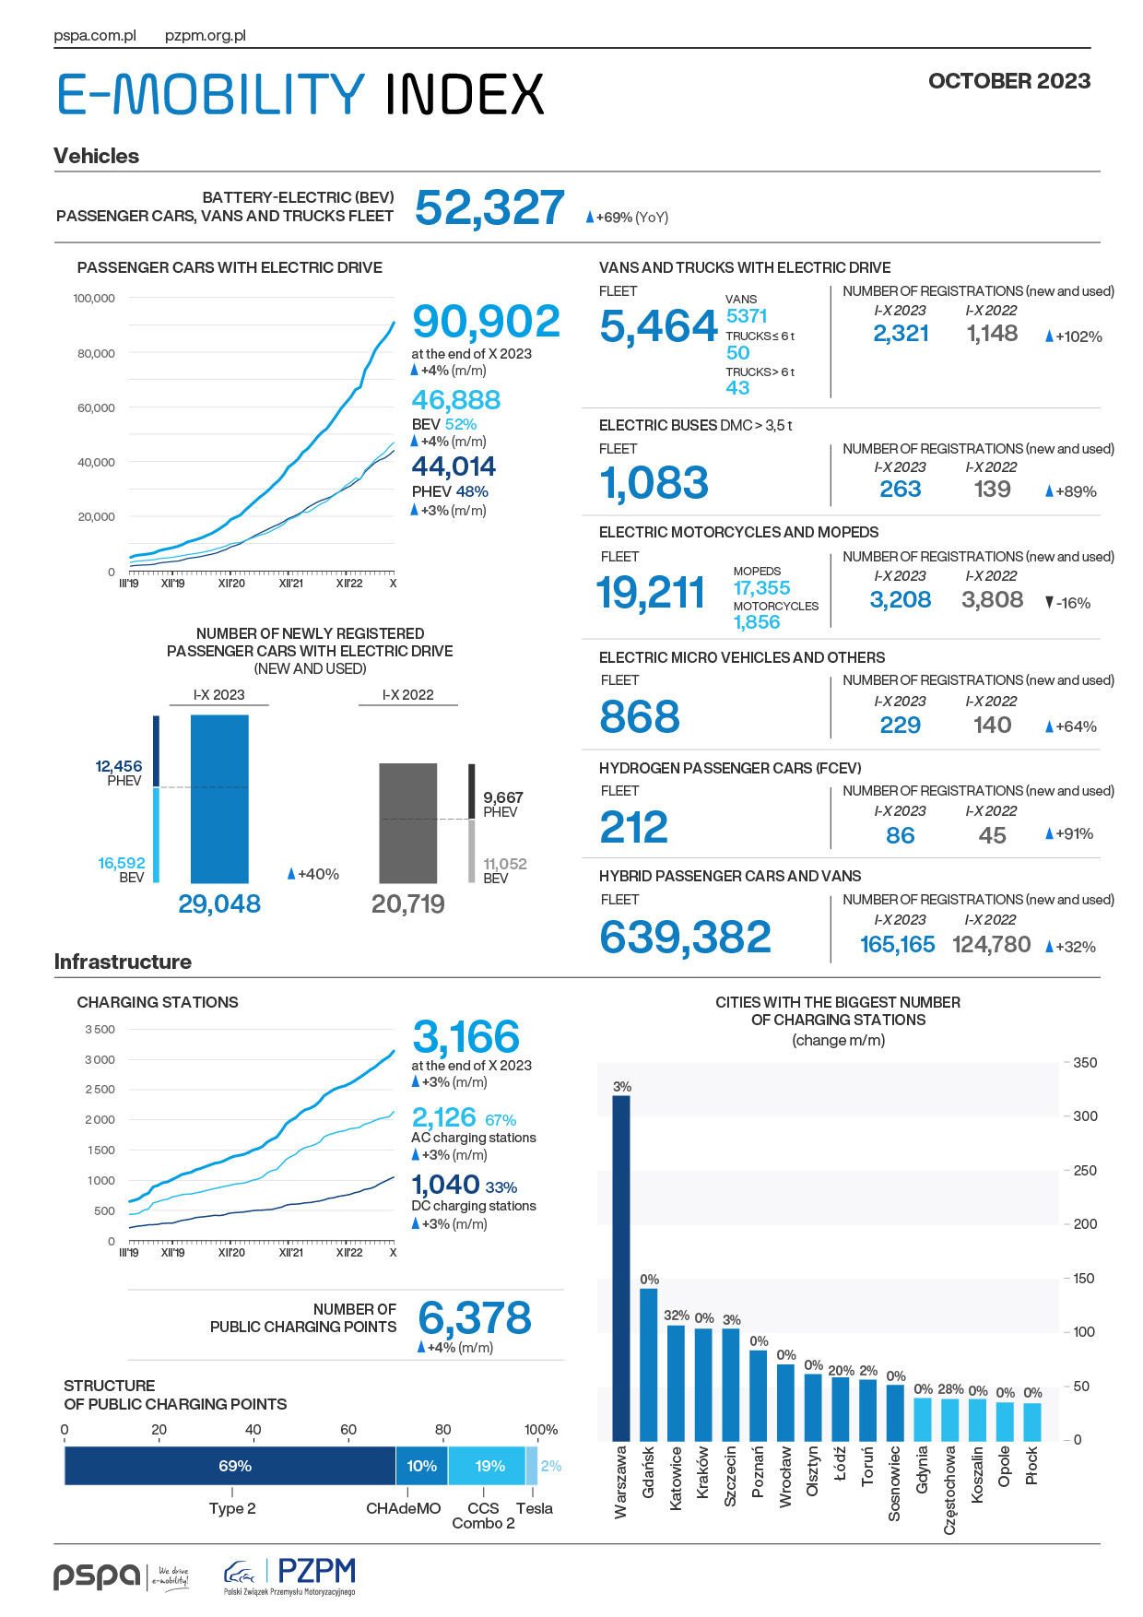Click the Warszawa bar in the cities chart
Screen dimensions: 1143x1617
click(x=621, y=1269)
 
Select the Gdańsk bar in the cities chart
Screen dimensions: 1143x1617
click(x=649, y=1364)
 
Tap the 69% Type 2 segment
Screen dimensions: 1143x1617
click(x=230, y=1466)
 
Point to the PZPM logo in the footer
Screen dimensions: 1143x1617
click(x=289, y=1576)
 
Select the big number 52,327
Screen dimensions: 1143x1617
click(x=489, y=207)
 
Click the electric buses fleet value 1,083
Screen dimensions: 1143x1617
click(x=654, y=483)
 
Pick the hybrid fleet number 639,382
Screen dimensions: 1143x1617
click(x=685, y=938)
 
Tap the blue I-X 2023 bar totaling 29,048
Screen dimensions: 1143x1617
click(x=219, y=799)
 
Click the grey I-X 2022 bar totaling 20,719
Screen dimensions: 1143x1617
click(x=408, y=823)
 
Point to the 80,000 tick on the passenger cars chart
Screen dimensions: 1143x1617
click(x=95, y=353)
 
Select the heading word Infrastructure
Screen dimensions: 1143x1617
click(x=123, y=962)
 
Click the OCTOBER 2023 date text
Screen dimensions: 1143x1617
click(x=1009, y=81)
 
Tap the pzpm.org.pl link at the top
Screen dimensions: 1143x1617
click(x=206, y=36)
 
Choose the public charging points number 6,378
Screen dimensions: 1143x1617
click(x=475, y=1318)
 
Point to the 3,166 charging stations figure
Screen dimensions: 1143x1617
click(x=466, y=1037)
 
